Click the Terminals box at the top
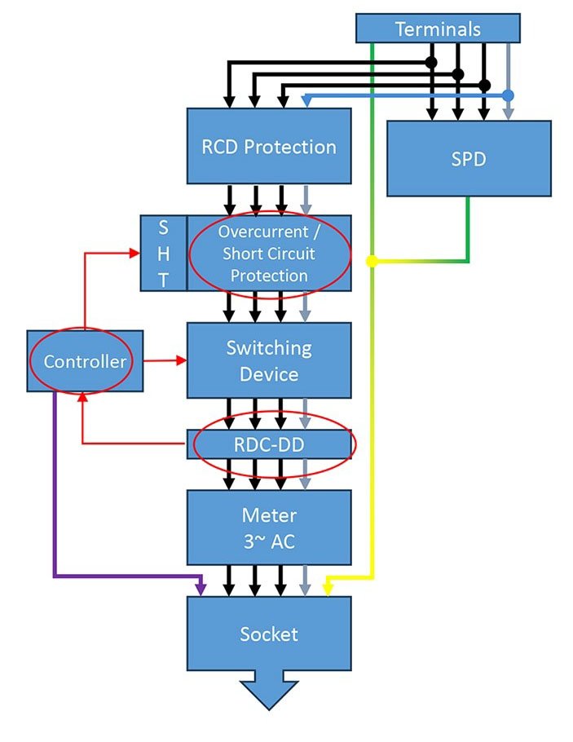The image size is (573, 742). tap(438, 29)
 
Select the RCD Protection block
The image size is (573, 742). tap(269, 147)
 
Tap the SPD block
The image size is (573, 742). tap(469, 158)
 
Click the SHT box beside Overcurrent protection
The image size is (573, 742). tap(163, 254)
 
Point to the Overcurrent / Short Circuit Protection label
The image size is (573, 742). tap(269, 254)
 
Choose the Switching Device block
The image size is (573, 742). tap(269, 360)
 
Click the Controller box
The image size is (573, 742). tap(85, 361)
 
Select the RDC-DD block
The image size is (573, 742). tap(269, 444)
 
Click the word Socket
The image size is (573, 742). tap(269, 634)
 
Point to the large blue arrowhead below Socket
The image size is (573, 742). tap(269, 692)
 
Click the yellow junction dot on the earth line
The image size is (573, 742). tap(372, 261)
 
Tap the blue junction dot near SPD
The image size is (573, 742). tap(508, 95)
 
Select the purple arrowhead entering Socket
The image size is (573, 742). tap(201, 589)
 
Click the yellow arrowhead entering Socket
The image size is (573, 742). tap(328, 589)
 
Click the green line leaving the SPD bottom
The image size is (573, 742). tap(468, 228)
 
